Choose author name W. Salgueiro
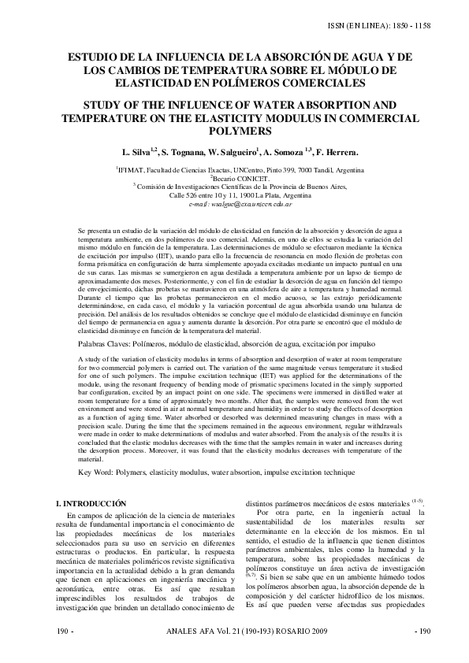tap(252, 151)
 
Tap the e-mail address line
tap(235, 203)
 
